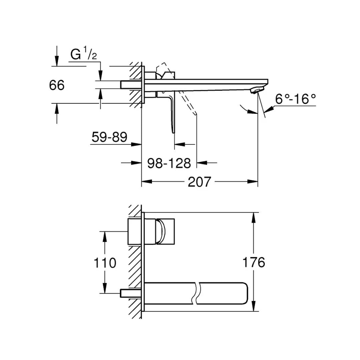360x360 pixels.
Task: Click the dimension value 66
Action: (x=57, y=86)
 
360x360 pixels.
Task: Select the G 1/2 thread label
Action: (x=84, y=54)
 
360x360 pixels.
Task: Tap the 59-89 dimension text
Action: (x=110, y=137)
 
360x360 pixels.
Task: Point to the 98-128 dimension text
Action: (x=169, y=163)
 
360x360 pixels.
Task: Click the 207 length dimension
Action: (x=200, y=182)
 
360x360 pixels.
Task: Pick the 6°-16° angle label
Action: (x=295, y=99)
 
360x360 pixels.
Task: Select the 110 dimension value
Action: (x=105, y=263)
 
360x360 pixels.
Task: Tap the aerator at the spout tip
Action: (x=258, y=90)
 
